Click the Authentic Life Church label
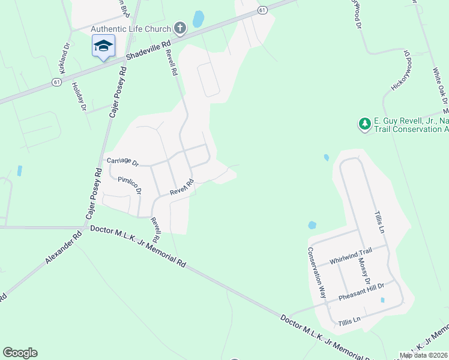tap(130, 29)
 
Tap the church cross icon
tap(179, 28)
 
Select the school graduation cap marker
tap(103, 46)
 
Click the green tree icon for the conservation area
tap(364, 124)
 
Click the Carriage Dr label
tap(122, 162)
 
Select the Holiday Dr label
tap(79, 96)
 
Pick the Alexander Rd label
tap(63, 249)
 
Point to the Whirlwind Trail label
tap(351, 257)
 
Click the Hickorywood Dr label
tap(401, 71)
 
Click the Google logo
tap(20, 353)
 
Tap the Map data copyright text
tap(424, 355)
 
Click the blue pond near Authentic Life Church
tap(197, 20)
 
